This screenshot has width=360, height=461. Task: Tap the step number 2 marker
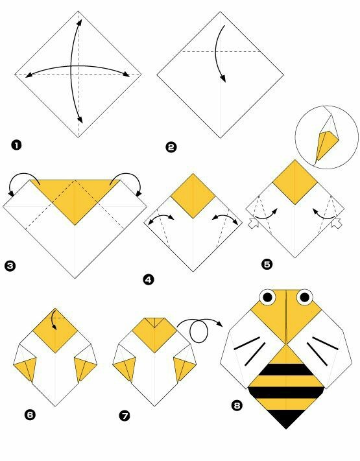click(171, 147)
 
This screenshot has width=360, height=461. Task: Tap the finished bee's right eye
click(304, 298)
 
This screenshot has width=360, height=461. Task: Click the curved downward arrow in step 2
click(221, 54)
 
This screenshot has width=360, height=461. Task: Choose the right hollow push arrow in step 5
click(337, 224)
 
